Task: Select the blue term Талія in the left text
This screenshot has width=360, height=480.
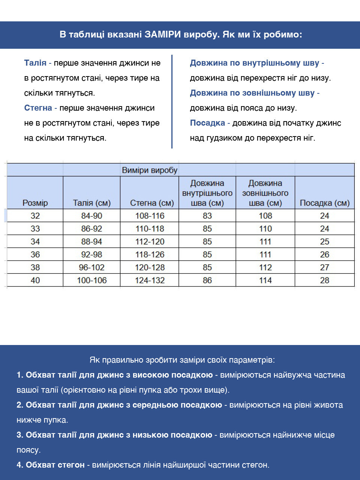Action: point(35,63)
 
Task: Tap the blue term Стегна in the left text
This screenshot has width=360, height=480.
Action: point(38,108)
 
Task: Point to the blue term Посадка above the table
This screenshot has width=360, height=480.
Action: point(207,123)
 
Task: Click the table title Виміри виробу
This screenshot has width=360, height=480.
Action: point(150,170)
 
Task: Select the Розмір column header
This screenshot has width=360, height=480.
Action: point(35,203)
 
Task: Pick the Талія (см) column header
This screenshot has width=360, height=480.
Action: point(92,203)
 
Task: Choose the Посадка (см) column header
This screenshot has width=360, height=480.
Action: point(325,203)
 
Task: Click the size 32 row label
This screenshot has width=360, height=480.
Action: point(35,216)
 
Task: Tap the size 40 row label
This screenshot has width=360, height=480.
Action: point(35,280)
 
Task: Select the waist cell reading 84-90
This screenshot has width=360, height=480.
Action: point(92,216)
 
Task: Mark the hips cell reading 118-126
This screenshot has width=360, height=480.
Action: point(150,255)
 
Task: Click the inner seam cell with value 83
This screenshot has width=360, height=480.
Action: point(207,216)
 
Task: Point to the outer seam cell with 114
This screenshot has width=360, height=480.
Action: point(265,280)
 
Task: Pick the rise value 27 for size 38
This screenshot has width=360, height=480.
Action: point(325,267)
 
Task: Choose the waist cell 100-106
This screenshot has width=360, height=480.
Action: point(92,280)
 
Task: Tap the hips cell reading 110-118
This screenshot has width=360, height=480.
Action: point(150,229)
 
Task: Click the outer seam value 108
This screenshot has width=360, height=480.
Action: point(265,216)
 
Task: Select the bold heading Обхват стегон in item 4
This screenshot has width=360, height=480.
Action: point(55,465)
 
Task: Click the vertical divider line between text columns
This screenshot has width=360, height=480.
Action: point(172,101)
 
